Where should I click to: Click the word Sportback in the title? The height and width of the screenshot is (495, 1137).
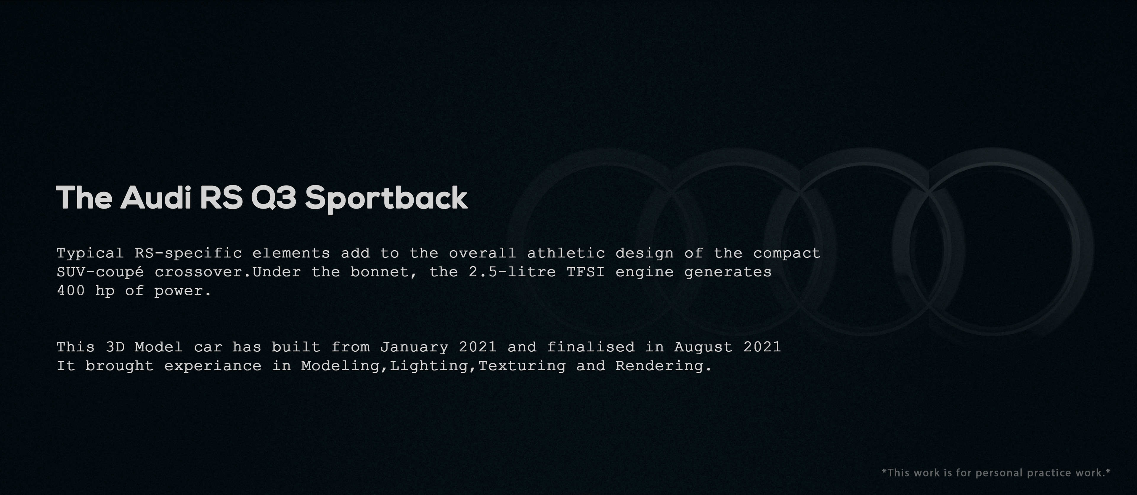tap(386, 198)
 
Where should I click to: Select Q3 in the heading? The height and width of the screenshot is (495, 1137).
tap(274, 198)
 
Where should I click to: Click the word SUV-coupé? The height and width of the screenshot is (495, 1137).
tap(100, 272)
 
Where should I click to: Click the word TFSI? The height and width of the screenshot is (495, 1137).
tap(586, 272)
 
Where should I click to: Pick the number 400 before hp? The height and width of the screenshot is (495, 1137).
tap(71, 291)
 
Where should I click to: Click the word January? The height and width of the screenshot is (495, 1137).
tap(414, 347)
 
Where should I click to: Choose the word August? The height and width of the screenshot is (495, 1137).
tap(703, 347)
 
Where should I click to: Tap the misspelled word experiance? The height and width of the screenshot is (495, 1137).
tap(213, 366)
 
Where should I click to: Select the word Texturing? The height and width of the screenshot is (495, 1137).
tap(522, 366)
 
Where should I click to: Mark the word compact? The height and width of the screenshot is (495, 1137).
tap(786, 254)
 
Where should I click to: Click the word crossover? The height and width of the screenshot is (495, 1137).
tap(203, 272)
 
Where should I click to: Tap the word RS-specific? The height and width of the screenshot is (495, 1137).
tap(189, 254)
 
